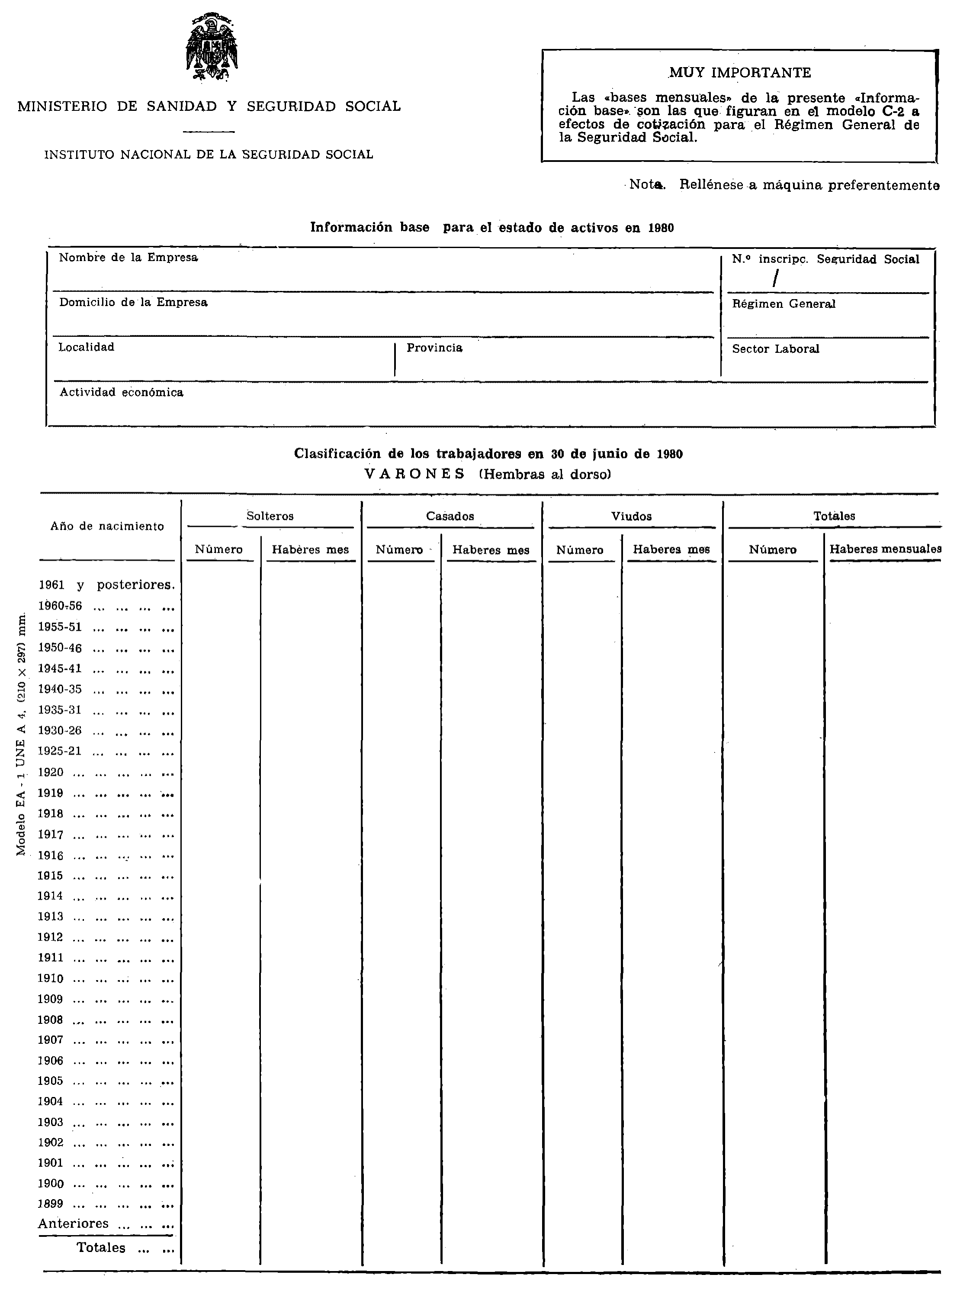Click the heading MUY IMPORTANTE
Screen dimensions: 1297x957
coord(740,73)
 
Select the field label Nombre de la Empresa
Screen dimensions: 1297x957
coord(128,258)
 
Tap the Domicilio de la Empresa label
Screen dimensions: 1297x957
coord(133,303)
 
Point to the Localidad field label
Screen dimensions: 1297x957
coord(87,348)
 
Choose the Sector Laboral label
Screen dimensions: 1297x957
coord(775,349)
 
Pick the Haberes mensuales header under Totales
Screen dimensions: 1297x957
coord(885,549)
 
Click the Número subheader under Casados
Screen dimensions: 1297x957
coord(399,550)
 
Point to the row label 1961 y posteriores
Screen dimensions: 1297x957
coord(106,585)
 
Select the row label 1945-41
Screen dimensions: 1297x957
coord(60,669)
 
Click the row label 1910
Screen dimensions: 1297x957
coord(50,979)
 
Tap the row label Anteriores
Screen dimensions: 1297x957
coord(74,1224)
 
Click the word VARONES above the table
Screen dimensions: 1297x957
coord(415,474)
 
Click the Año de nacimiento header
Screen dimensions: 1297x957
coord(107,527)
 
